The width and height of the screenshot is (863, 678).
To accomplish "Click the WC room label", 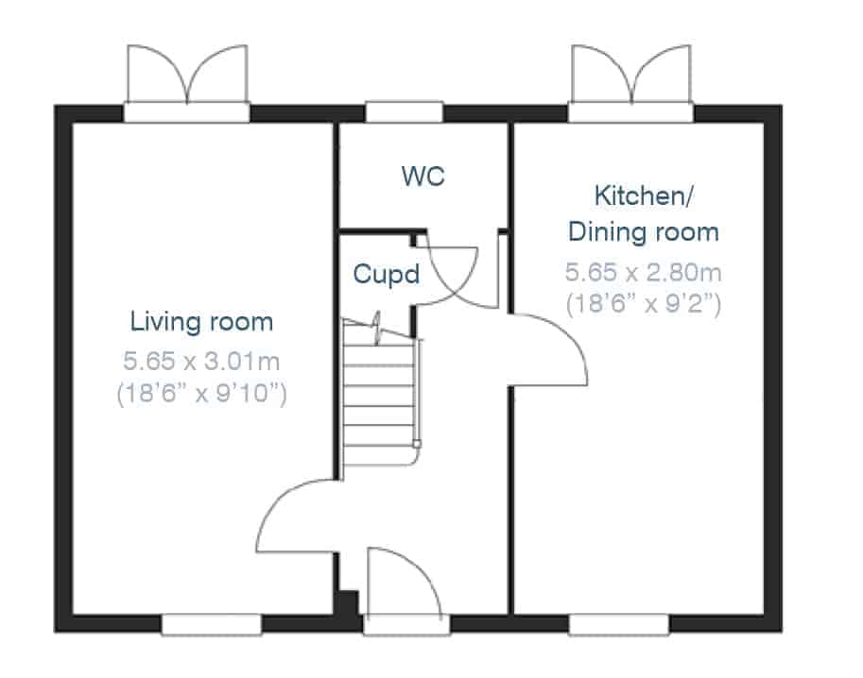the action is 423,177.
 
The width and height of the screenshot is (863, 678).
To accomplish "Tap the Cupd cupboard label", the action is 387,274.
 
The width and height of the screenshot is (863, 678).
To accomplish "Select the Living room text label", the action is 201,322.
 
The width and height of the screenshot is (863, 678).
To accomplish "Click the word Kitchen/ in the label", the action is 644,195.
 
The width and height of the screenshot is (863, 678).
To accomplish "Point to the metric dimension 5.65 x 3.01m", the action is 201,362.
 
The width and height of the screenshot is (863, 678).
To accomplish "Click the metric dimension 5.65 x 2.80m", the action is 644,272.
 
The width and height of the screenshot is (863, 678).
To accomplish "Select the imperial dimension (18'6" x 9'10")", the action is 201,394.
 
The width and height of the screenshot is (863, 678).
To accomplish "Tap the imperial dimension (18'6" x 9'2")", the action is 644,304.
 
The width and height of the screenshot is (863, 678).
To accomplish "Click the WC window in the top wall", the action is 404,112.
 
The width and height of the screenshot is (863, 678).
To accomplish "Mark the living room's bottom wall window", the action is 212,625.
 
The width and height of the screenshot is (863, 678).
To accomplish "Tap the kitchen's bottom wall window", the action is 618,625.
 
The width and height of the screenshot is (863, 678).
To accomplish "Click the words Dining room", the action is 644,232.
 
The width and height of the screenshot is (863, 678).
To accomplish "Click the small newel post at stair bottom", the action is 417,444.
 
